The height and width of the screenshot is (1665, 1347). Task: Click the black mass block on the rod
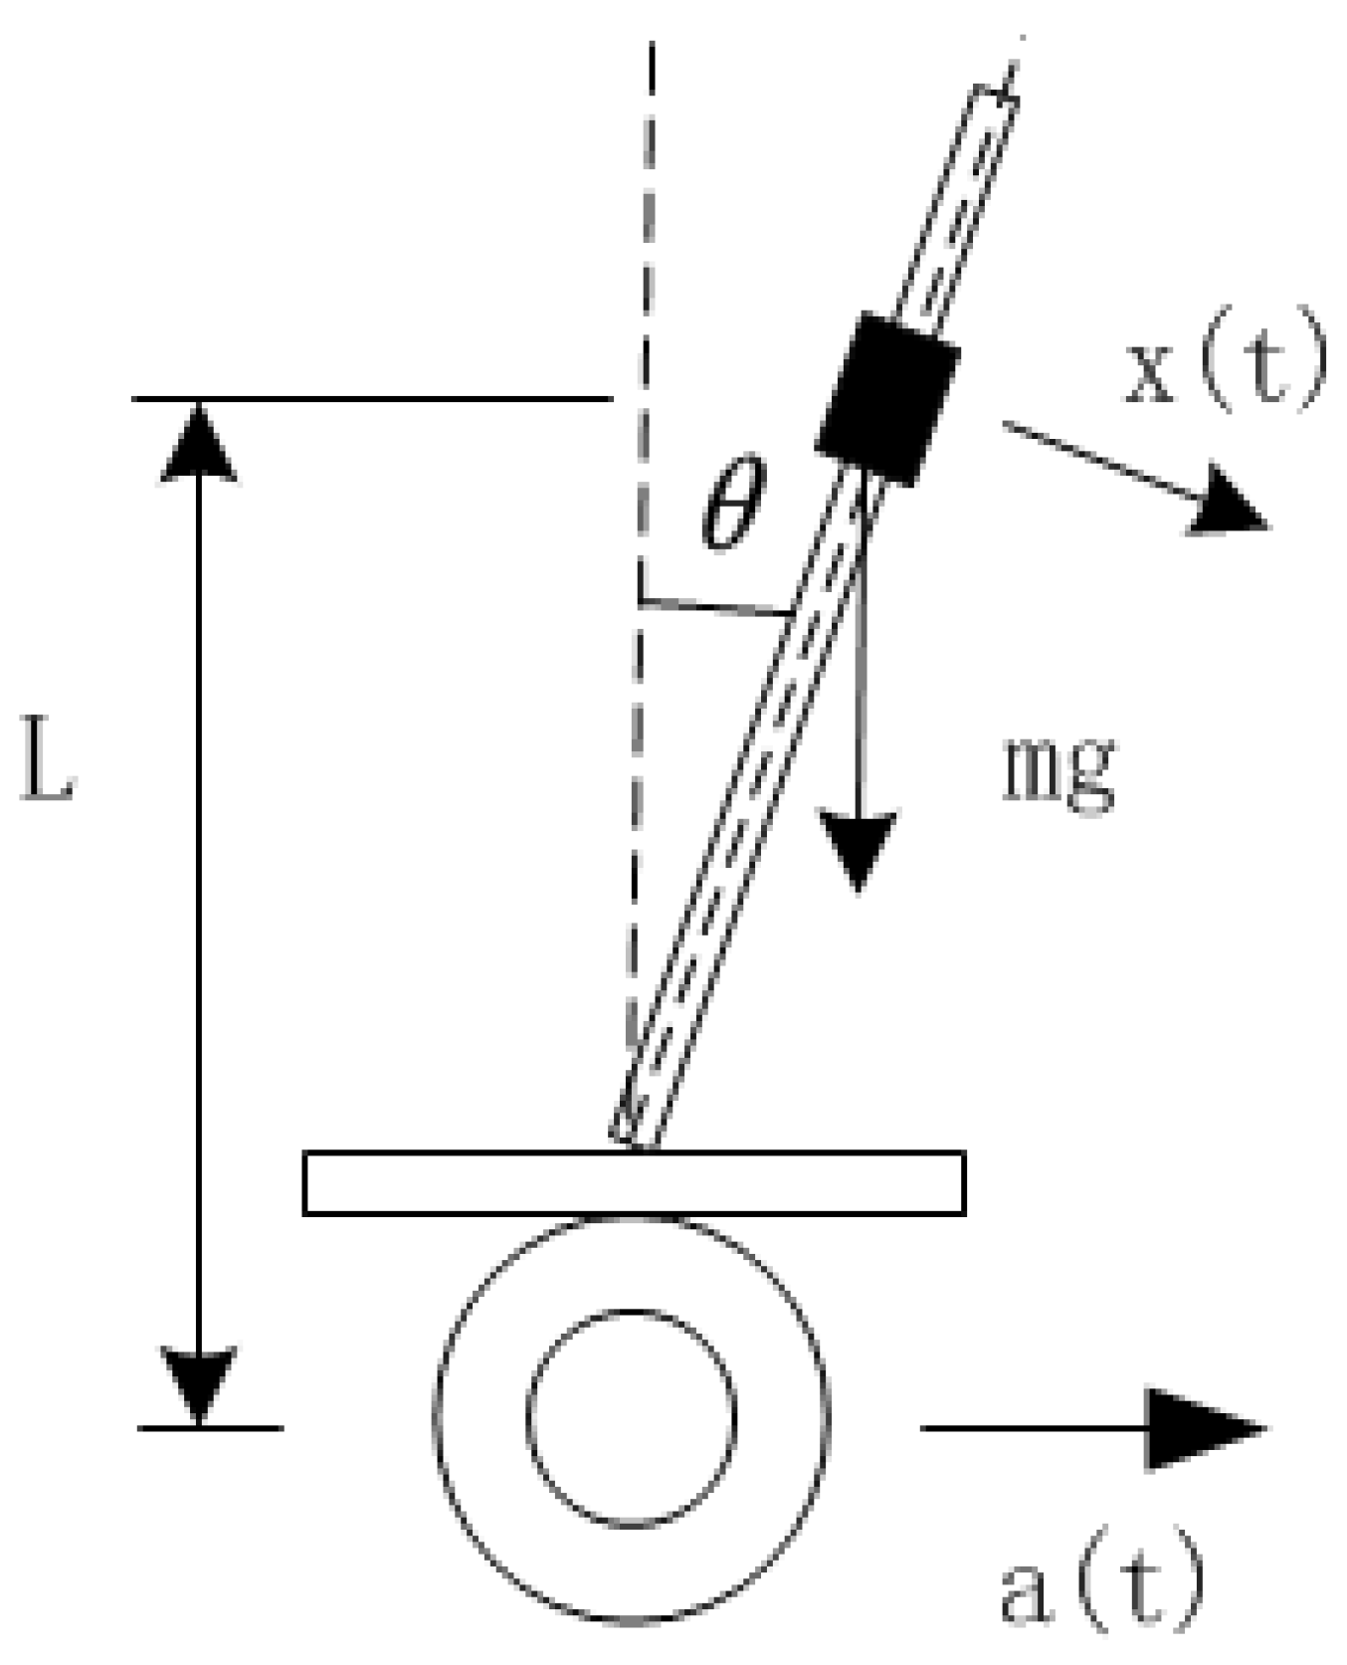tap(886, 398)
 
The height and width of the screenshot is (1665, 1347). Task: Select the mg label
tap(1058, 770)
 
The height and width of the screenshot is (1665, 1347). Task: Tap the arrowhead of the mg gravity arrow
tap(858, 846)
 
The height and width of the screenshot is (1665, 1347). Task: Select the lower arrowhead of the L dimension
tap(199, 1383)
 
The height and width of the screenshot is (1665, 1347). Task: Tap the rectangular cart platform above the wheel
tap(634, 1183)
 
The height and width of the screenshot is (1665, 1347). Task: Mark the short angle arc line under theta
tap(716, 607)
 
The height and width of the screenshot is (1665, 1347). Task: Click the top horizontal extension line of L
tap(373, 399)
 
